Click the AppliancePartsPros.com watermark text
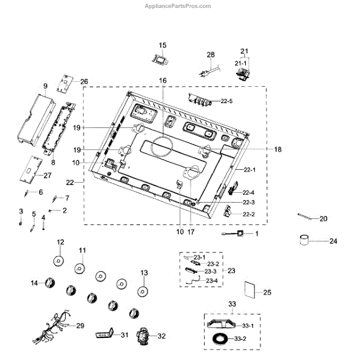click(178, 6)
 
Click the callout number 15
click(163, 45)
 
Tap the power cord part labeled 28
click(209, 70)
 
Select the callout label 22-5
click(226, 101)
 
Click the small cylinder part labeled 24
click(304, 240)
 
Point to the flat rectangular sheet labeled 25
click(250, 289)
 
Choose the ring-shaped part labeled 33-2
click(220, 339)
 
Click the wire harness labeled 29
click(52, 326)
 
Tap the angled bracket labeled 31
click(104, 333)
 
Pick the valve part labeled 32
click(143, 336)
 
